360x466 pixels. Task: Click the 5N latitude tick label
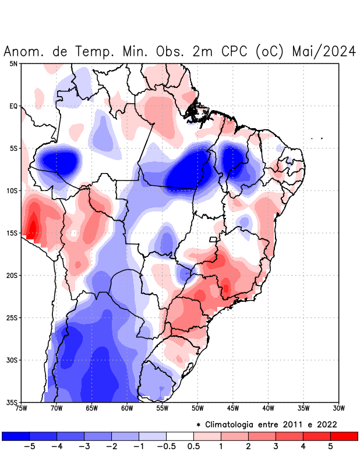[x=13, y=63]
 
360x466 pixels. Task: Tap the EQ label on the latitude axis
[x=13, y=106]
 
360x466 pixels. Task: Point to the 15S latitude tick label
[x=12, y=233]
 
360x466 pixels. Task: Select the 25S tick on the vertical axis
[x=12, y=317]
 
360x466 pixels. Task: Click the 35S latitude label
[x=12, y=402]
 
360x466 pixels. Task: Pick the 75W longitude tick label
[x=22, y=408]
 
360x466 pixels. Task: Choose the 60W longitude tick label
[x=127, y=408]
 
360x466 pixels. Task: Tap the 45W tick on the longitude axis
[x=233, y=408]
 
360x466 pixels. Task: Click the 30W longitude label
[x=338, y=408]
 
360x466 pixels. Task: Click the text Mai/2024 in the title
[x=323, y=52]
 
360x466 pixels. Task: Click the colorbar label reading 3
[x=276, y=447]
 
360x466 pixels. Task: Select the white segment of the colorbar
[x=180, y=436]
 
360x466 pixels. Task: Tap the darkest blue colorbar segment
[x=16, y=436]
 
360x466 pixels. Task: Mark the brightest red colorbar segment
[x=344, y=436]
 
